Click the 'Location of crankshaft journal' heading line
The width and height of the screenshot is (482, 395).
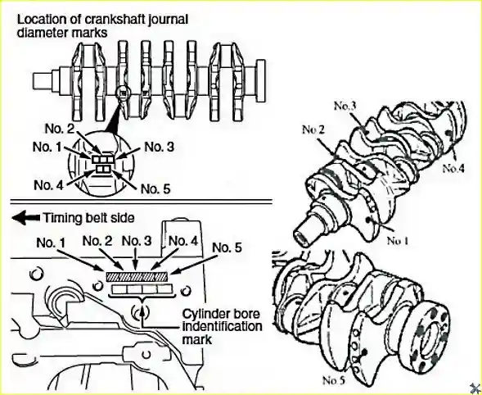pyautogui.click(x=102, y=20)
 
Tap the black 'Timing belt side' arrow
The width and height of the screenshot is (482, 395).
pyautogui.click(x=26, y=218)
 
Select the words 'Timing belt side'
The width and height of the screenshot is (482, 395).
pyautogui.click(x=89, y=218)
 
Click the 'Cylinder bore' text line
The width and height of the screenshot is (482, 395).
pyautogui.click(x=221, y=314)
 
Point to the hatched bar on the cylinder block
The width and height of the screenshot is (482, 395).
pyautogui.click(x=137, y=276)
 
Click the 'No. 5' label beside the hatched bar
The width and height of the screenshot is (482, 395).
pyautogui.click(x=227, y=247)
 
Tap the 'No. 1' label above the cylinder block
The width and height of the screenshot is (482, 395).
pyautogui.click(x=51, y=243)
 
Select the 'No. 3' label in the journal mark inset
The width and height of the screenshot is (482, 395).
pyautogui.click(x=160, y=147)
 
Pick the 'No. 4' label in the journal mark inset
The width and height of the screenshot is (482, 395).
pyautogui.click(x=48, y=185)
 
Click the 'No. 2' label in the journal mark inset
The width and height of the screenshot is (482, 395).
pyautogui.click(x=60, y=129)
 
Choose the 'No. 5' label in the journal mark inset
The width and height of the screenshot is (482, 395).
pyautogui.click(x=155, y=189)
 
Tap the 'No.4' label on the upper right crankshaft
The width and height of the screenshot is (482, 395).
pyautogui.click(x=453, y=168)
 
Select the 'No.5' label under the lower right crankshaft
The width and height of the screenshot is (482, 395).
pyautogui.click(x=334, y=380)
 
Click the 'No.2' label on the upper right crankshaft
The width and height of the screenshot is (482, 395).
pyautogui.click(x=313, y=129)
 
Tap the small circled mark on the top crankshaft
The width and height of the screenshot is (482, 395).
pyautogui.click(x=123, y=92)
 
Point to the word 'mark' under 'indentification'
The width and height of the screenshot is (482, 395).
pyautogui.click(x=193, y=339)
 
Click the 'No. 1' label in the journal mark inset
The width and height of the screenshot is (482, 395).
pyautogui.click(x=47, y=147)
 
